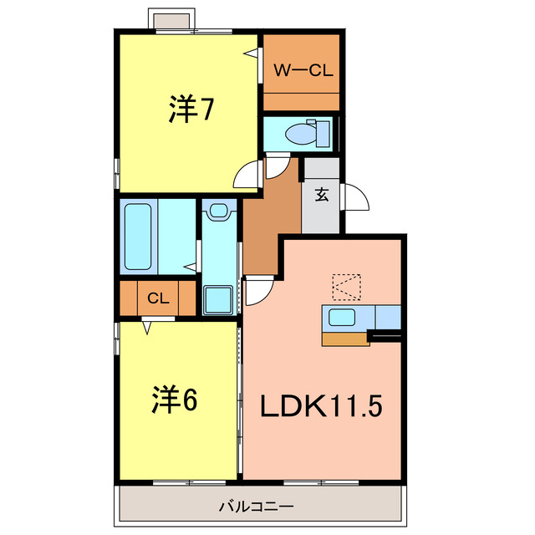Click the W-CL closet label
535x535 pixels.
[x=303, y=71]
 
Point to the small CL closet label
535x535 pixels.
[x=158, y=298]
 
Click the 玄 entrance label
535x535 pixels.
[x=321, y=196]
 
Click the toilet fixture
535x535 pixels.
[x=301, y=133]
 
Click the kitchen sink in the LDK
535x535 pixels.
[x=341, y=317]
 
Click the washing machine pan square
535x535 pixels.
[x=220, y=298]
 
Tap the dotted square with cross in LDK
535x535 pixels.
[x=347, y=287]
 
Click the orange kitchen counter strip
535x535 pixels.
[x=345, y=339]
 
